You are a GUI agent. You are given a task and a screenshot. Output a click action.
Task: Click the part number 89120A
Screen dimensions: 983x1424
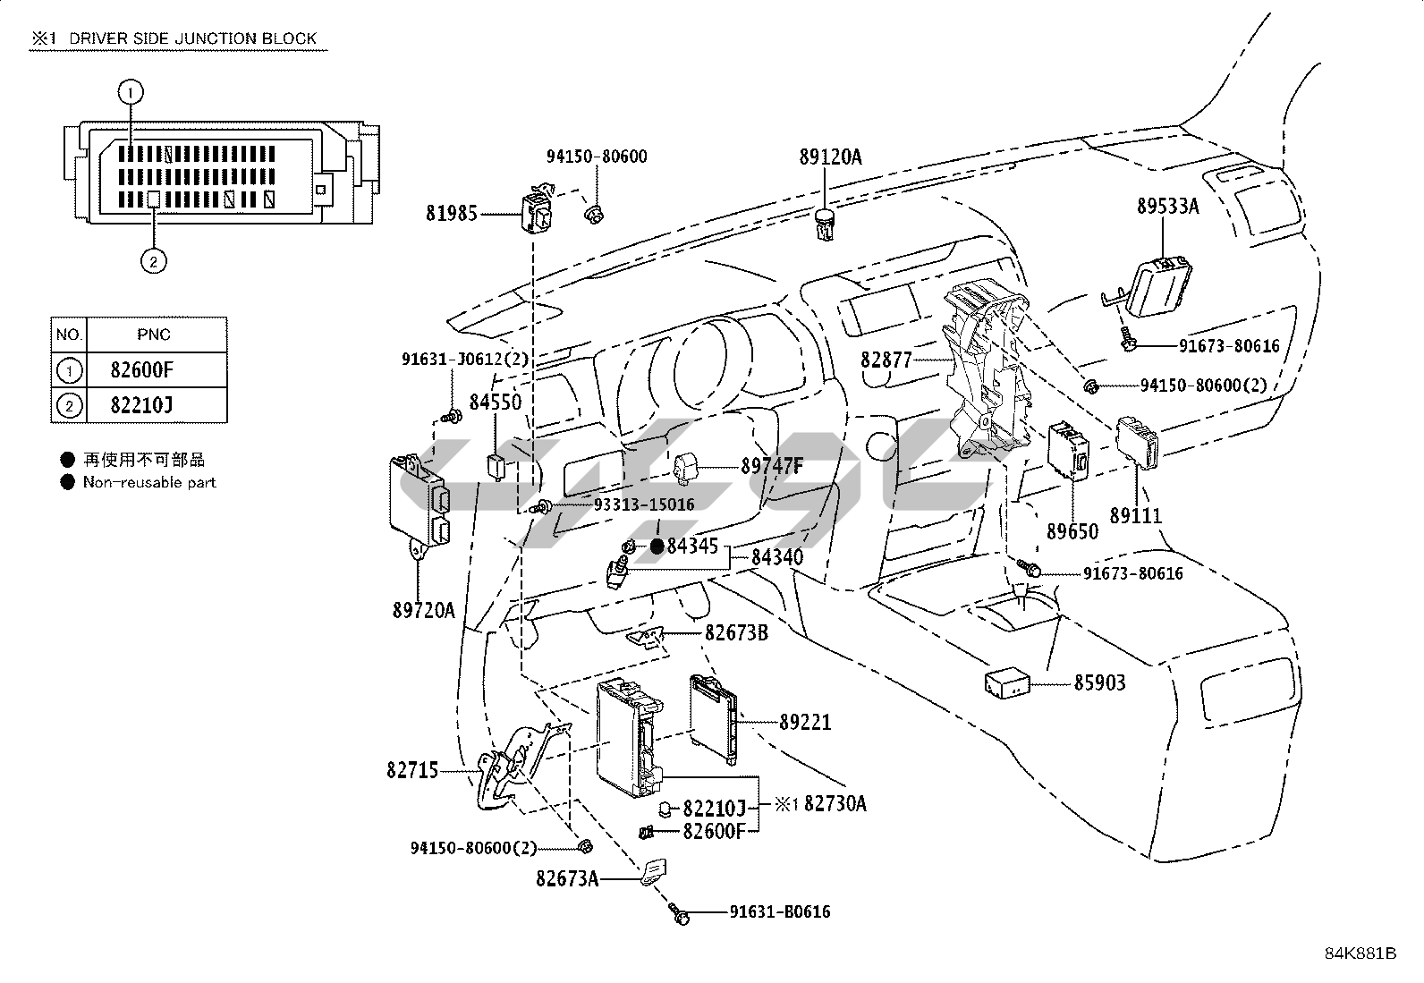click(830, 157)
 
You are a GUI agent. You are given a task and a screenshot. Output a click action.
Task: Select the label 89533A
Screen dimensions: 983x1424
click(1167, 207)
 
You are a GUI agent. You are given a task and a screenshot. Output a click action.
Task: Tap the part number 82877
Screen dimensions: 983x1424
click(886, 360)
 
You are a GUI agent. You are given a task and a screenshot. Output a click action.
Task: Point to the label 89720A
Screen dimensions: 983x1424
click(423, 611)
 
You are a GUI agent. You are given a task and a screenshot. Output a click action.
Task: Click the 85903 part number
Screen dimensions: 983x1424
click(1099, 683)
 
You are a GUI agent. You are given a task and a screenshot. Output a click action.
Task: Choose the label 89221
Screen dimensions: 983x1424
click(804, 721)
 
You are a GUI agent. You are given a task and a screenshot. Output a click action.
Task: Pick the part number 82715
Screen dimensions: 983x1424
click(413, 769)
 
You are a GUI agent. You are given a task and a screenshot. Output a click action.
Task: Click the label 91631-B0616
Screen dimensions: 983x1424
click(779, 912)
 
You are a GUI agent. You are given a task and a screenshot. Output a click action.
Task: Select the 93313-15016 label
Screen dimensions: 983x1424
click(644, 505)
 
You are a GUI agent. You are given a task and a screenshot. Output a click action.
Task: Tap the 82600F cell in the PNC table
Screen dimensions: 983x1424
click(140, 369)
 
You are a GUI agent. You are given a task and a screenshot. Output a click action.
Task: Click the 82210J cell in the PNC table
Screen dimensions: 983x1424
click(140, 405)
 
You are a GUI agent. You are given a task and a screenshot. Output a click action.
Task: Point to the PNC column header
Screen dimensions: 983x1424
click(153, 335)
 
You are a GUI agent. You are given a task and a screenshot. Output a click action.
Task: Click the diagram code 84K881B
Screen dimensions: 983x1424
click(1360, 953)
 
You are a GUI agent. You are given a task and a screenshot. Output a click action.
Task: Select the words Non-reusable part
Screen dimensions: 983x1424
click(149, 482)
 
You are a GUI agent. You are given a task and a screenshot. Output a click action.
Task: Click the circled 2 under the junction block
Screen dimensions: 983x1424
click(153, 261)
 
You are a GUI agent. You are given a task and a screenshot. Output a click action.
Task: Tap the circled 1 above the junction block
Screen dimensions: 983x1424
click(131, 91)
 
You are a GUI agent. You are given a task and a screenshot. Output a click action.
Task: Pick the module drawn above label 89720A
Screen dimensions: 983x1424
click(420, 501)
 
